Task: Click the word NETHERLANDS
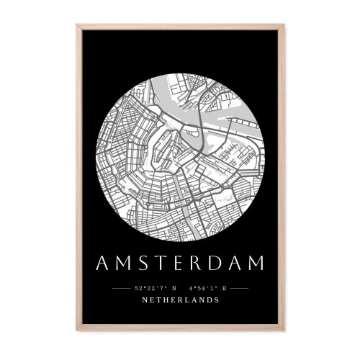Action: click(x=180, y=300)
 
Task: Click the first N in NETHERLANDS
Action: click(x=145, y=300)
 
